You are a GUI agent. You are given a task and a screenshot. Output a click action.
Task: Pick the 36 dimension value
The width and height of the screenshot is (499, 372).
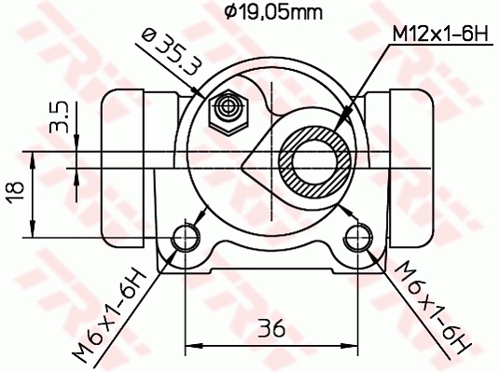click(270, 329)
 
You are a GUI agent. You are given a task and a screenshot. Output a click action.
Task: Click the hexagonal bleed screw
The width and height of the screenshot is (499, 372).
click(227, 109)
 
